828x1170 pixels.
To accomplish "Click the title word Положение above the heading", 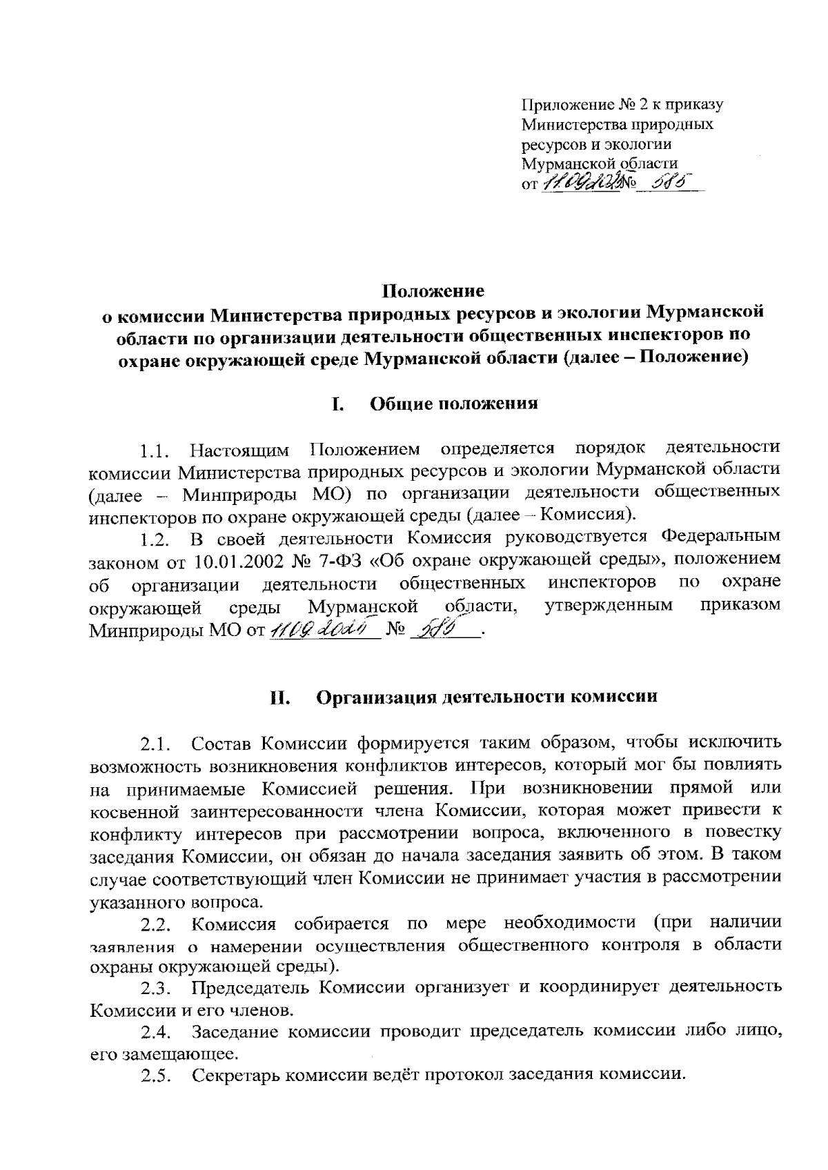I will point(434,290).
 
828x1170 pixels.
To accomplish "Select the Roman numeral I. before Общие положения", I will point(337,404).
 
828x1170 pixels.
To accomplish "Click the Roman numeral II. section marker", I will point(282,696).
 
